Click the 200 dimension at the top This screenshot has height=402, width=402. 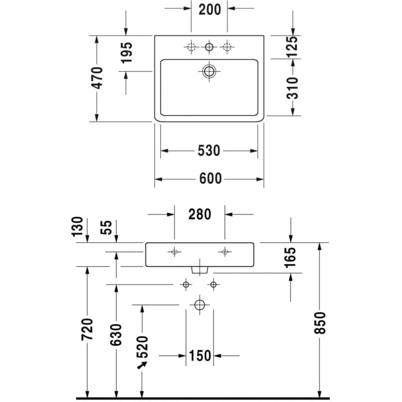tap(209, 9)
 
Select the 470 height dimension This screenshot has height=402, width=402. tap(97, 78)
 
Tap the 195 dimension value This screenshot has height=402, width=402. tap(126, 53)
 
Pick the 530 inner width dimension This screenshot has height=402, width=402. tap(208, 150)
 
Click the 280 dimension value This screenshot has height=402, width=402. tap(200, 214)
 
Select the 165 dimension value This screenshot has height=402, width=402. tap(290, 258)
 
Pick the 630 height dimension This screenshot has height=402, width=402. tap(116, 334)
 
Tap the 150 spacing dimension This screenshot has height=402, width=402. tap(200, 356)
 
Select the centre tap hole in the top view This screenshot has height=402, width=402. tap(209, 48)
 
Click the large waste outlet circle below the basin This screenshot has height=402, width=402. tap(200, 304)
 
